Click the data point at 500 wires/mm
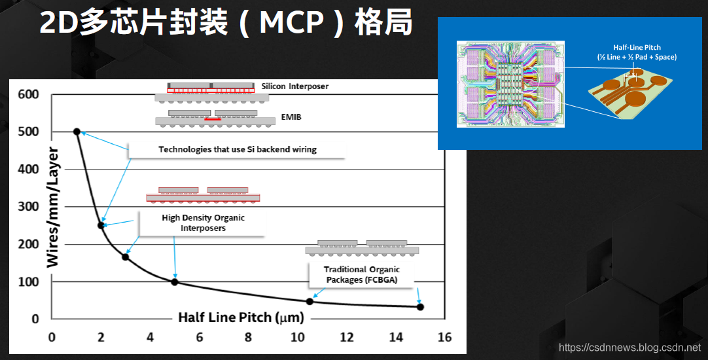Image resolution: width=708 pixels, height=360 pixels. (x=77, y=132)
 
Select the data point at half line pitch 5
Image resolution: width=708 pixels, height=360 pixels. (x=175, y=282)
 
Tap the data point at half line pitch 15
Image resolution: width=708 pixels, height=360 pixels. (x=420, y=307)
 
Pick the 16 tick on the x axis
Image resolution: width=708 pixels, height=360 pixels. (x=445, y=338)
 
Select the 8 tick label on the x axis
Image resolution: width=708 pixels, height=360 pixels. (x=248, y=338)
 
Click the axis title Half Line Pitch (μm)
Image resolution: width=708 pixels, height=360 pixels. (x=241, y=317)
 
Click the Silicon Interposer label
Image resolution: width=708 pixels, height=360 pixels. (x=294, y=86)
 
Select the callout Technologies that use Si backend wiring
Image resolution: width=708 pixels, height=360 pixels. (x=237, y=149)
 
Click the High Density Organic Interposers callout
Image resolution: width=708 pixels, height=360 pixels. (x=203, y=223)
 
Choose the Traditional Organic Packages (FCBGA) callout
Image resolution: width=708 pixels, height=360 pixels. (x=361, y=275)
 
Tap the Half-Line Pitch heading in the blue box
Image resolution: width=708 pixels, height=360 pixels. (x=637, y=48)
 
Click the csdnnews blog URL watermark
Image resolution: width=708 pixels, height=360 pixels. (x=629, y=348)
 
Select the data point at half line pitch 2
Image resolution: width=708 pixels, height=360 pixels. (x=101, y=225)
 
